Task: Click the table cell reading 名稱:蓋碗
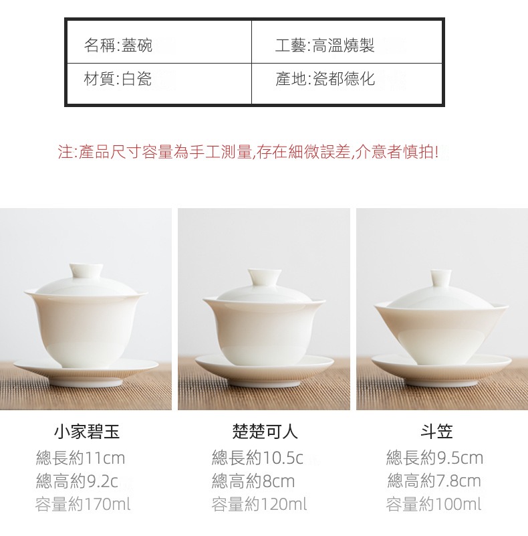[159, 42]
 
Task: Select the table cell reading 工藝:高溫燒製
[347, 42]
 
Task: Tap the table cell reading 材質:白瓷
[159, 83]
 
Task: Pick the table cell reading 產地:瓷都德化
[347, 83]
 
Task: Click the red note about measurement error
[248, 152]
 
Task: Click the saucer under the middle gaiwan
[265, 369]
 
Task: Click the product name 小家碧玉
[87, 432]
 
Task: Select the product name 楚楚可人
[265, 432]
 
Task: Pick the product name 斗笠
[436, 432]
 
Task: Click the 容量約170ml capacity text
[83, 504]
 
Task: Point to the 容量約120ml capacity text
[259, 504]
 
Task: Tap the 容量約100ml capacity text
[434, 504]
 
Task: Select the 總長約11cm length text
[81, 458]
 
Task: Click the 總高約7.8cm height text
[434, 481]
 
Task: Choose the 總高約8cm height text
[253, 481]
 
